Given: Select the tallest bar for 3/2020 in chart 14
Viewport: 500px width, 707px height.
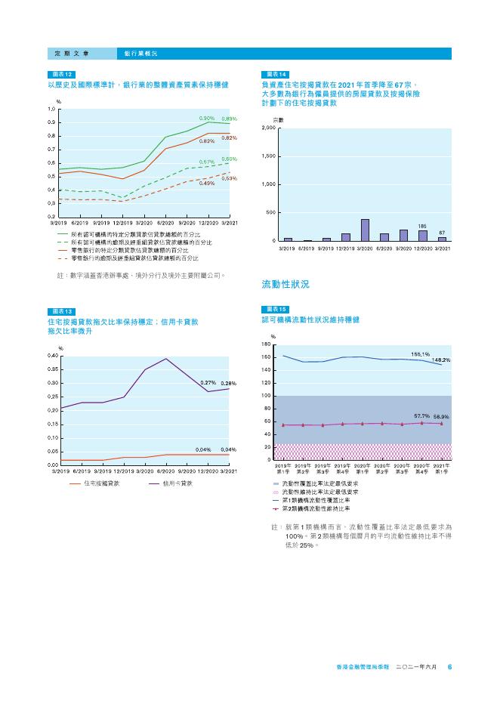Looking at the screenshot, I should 365,230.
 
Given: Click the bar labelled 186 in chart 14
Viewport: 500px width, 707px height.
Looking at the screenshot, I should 423,236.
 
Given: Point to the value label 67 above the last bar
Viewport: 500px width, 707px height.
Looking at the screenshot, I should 443,233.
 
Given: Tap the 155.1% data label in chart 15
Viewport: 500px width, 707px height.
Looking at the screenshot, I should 421,353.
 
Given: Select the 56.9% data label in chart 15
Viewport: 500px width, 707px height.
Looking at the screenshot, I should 441,417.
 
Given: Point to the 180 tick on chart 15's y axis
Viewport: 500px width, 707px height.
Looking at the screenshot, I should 266,344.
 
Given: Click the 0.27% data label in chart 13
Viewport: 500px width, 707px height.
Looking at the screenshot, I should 208,384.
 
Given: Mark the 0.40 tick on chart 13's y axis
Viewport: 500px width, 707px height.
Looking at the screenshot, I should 53,356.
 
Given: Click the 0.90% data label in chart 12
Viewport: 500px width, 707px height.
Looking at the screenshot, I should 207,119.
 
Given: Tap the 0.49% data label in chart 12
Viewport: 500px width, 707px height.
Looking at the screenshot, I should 207,184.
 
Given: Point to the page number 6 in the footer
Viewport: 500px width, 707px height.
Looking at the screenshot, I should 449,667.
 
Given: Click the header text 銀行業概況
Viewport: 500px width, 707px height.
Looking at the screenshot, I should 141,54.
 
